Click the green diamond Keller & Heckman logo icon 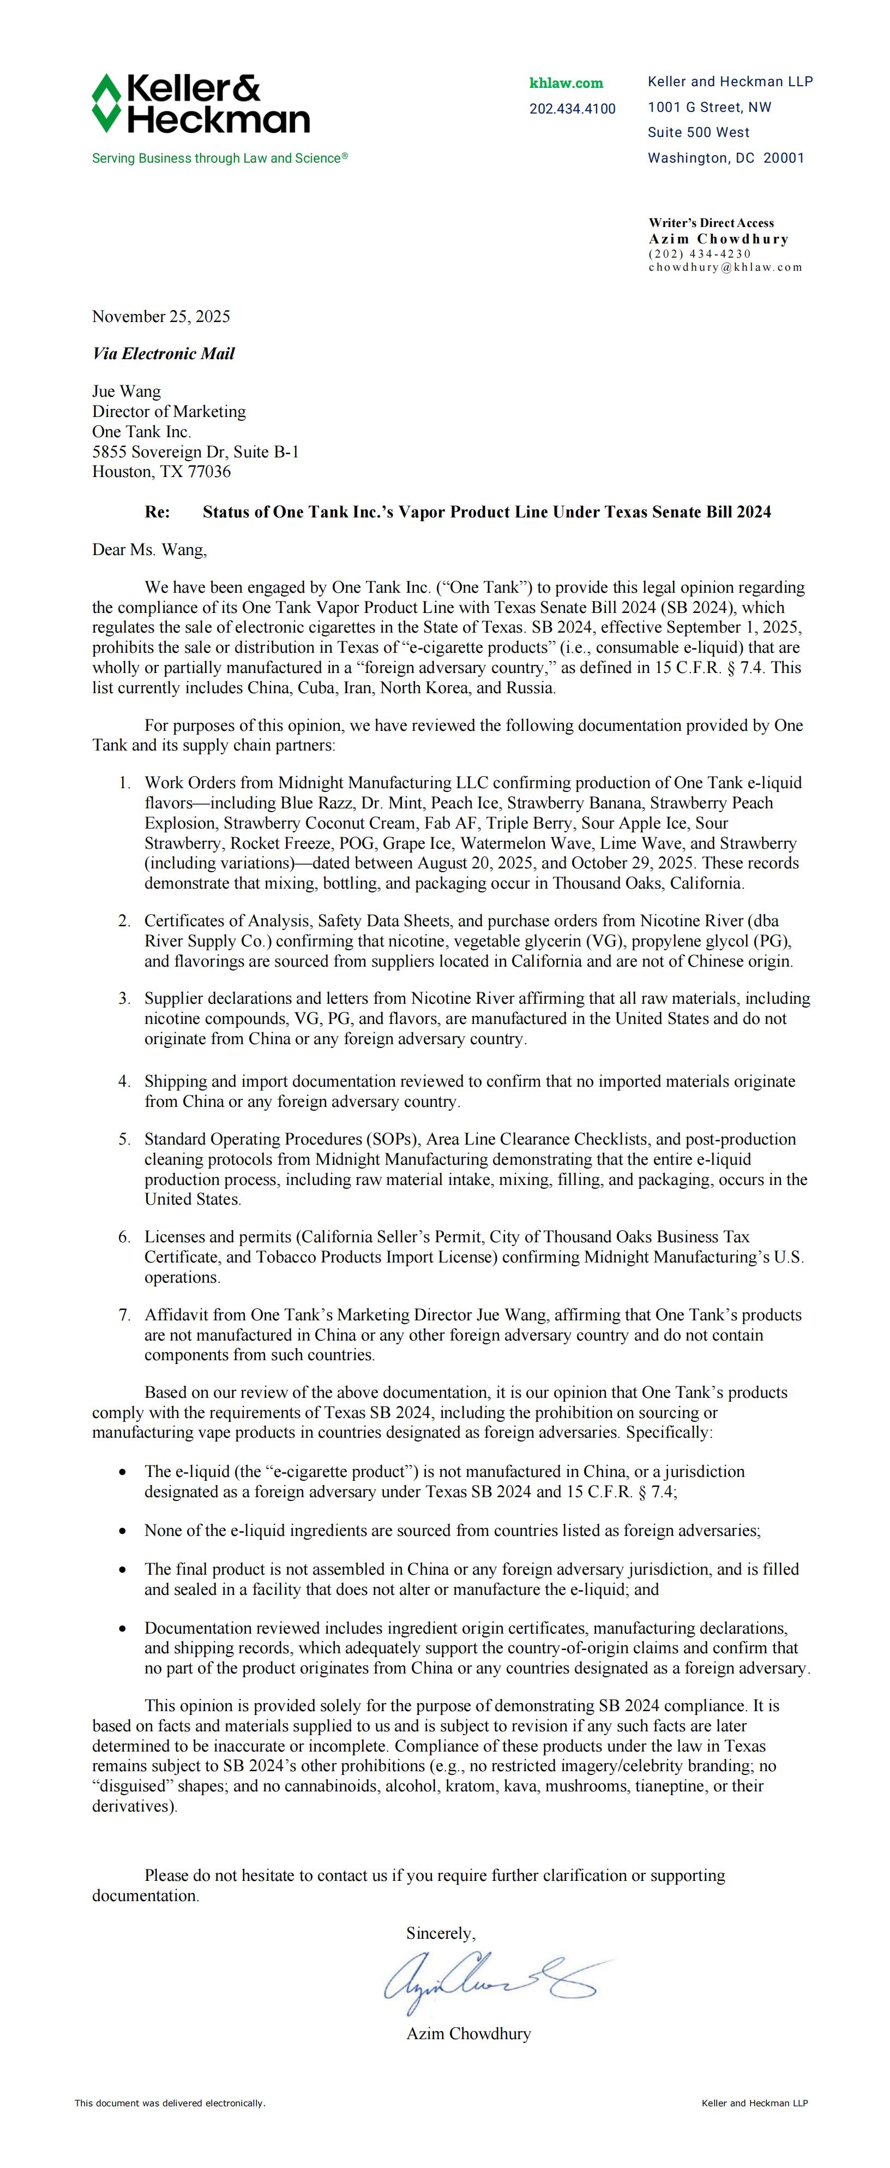pyautogui.click(x=106, y=104)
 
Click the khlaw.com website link pyautogui.click(x=566, y=82)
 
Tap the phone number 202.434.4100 pyautogui.click(x=572, y=109)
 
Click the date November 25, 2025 pyautogui.click(x=161, y=317)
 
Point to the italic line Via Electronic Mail pyautogui.click(x=163, y=354)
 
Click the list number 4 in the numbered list pyautogui.click(x=124, y=1081)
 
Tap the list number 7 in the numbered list pyautogui.click(x=124, y=1314)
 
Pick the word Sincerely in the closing pyautogui.click(x=440, y=1933)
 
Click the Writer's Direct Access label pyautogui.click(x=711, y=223)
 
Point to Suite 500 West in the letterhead pyautogui.click(x=698, y=132)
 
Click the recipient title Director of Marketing pyautogui.click(x=169, y=412)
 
